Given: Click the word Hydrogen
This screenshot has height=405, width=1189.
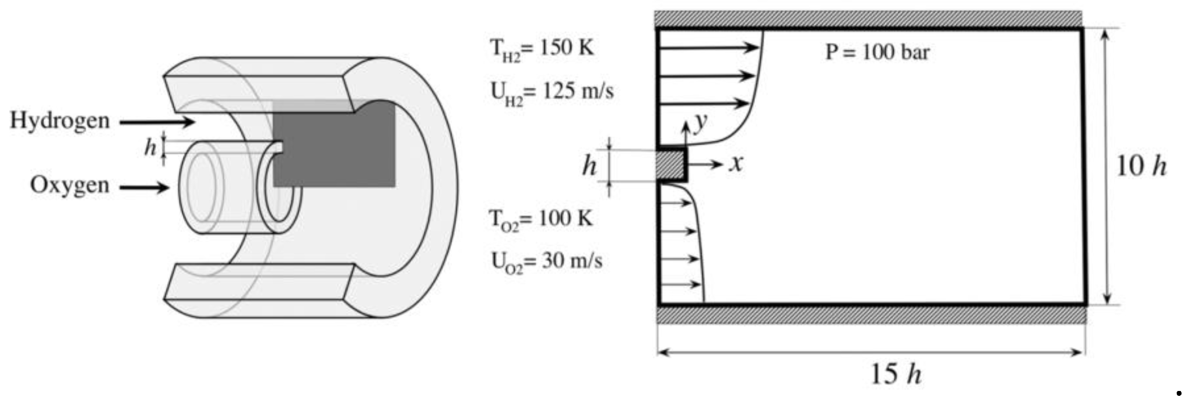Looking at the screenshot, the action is click(60, 121).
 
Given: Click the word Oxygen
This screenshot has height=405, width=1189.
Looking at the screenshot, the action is click(70, 186).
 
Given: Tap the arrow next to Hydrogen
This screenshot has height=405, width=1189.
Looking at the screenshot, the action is click(157, 122).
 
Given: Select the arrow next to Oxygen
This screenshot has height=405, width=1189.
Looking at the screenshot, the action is click(145, 188).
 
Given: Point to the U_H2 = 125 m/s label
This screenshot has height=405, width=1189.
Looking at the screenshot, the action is click(552, 93).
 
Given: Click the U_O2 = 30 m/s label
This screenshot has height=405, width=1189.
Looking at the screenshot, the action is click(547, 263).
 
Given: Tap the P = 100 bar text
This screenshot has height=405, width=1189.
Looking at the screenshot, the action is click(877, 52).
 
